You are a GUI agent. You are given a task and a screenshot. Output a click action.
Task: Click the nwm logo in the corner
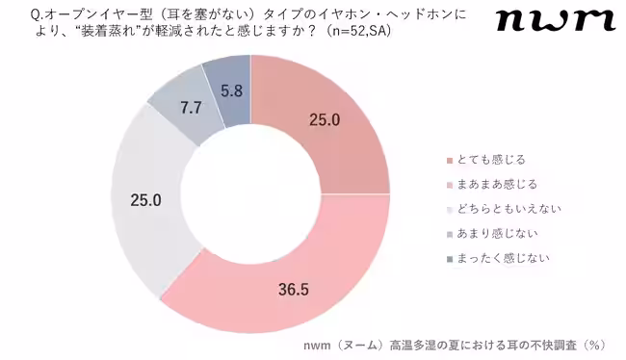click(555, 20)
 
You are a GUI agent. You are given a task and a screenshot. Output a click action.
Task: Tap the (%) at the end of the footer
click(596, 343)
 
